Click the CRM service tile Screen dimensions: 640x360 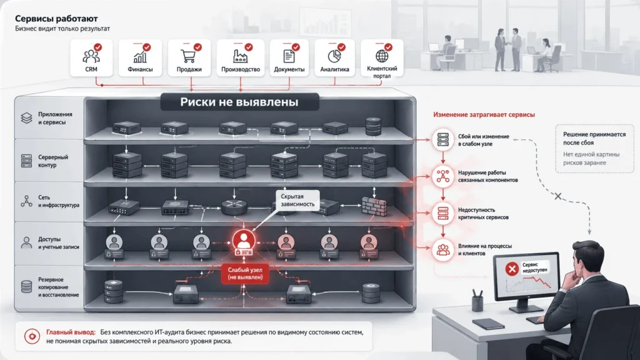[91, 58]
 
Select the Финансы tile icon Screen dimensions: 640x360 [140, 56]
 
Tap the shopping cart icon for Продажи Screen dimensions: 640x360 [188, 56]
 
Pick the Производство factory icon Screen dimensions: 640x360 [240, 56]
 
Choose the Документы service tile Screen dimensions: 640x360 [289, 58]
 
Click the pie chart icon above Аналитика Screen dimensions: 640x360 [334, 56]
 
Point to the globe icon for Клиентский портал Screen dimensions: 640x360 [382, 56]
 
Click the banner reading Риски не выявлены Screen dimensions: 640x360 [239, 102]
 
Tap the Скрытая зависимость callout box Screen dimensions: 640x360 [297, 201]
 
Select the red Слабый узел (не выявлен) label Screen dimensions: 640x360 [245, 274]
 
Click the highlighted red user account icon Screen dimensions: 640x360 [244, 241]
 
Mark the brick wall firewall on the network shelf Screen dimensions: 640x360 [374, 206]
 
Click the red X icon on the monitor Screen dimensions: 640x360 [512, 269]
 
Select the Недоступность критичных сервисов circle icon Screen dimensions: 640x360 [443, 213]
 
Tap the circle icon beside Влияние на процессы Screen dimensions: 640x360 [443, 249]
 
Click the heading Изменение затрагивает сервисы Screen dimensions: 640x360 [484, 115]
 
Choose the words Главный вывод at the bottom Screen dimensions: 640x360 [71, 332]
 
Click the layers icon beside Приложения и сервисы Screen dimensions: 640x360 [26, 118]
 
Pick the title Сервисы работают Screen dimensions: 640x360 [56, 18]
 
